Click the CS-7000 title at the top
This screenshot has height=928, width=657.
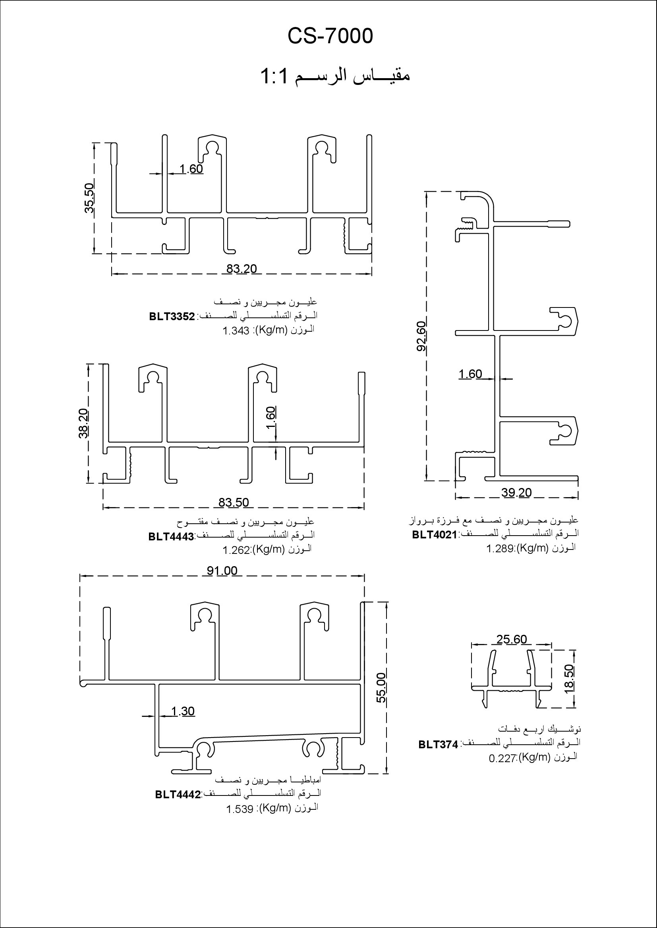click(330, 37)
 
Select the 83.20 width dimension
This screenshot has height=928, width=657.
click(242, 268)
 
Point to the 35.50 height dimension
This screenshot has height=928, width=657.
click(89, 198)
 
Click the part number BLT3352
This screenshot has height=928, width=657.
click(172, 317)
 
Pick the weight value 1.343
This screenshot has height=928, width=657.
click(236, 331)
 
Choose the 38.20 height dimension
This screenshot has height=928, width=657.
click(84, 423)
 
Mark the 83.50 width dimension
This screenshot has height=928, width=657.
click(234, 502)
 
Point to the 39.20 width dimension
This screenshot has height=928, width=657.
click(516, 492)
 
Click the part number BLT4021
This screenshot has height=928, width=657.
click(435, 535)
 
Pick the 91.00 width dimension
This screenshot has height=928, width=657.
click(222, 570)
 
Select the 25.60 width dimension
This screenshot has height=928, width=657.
click(511, 639)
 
